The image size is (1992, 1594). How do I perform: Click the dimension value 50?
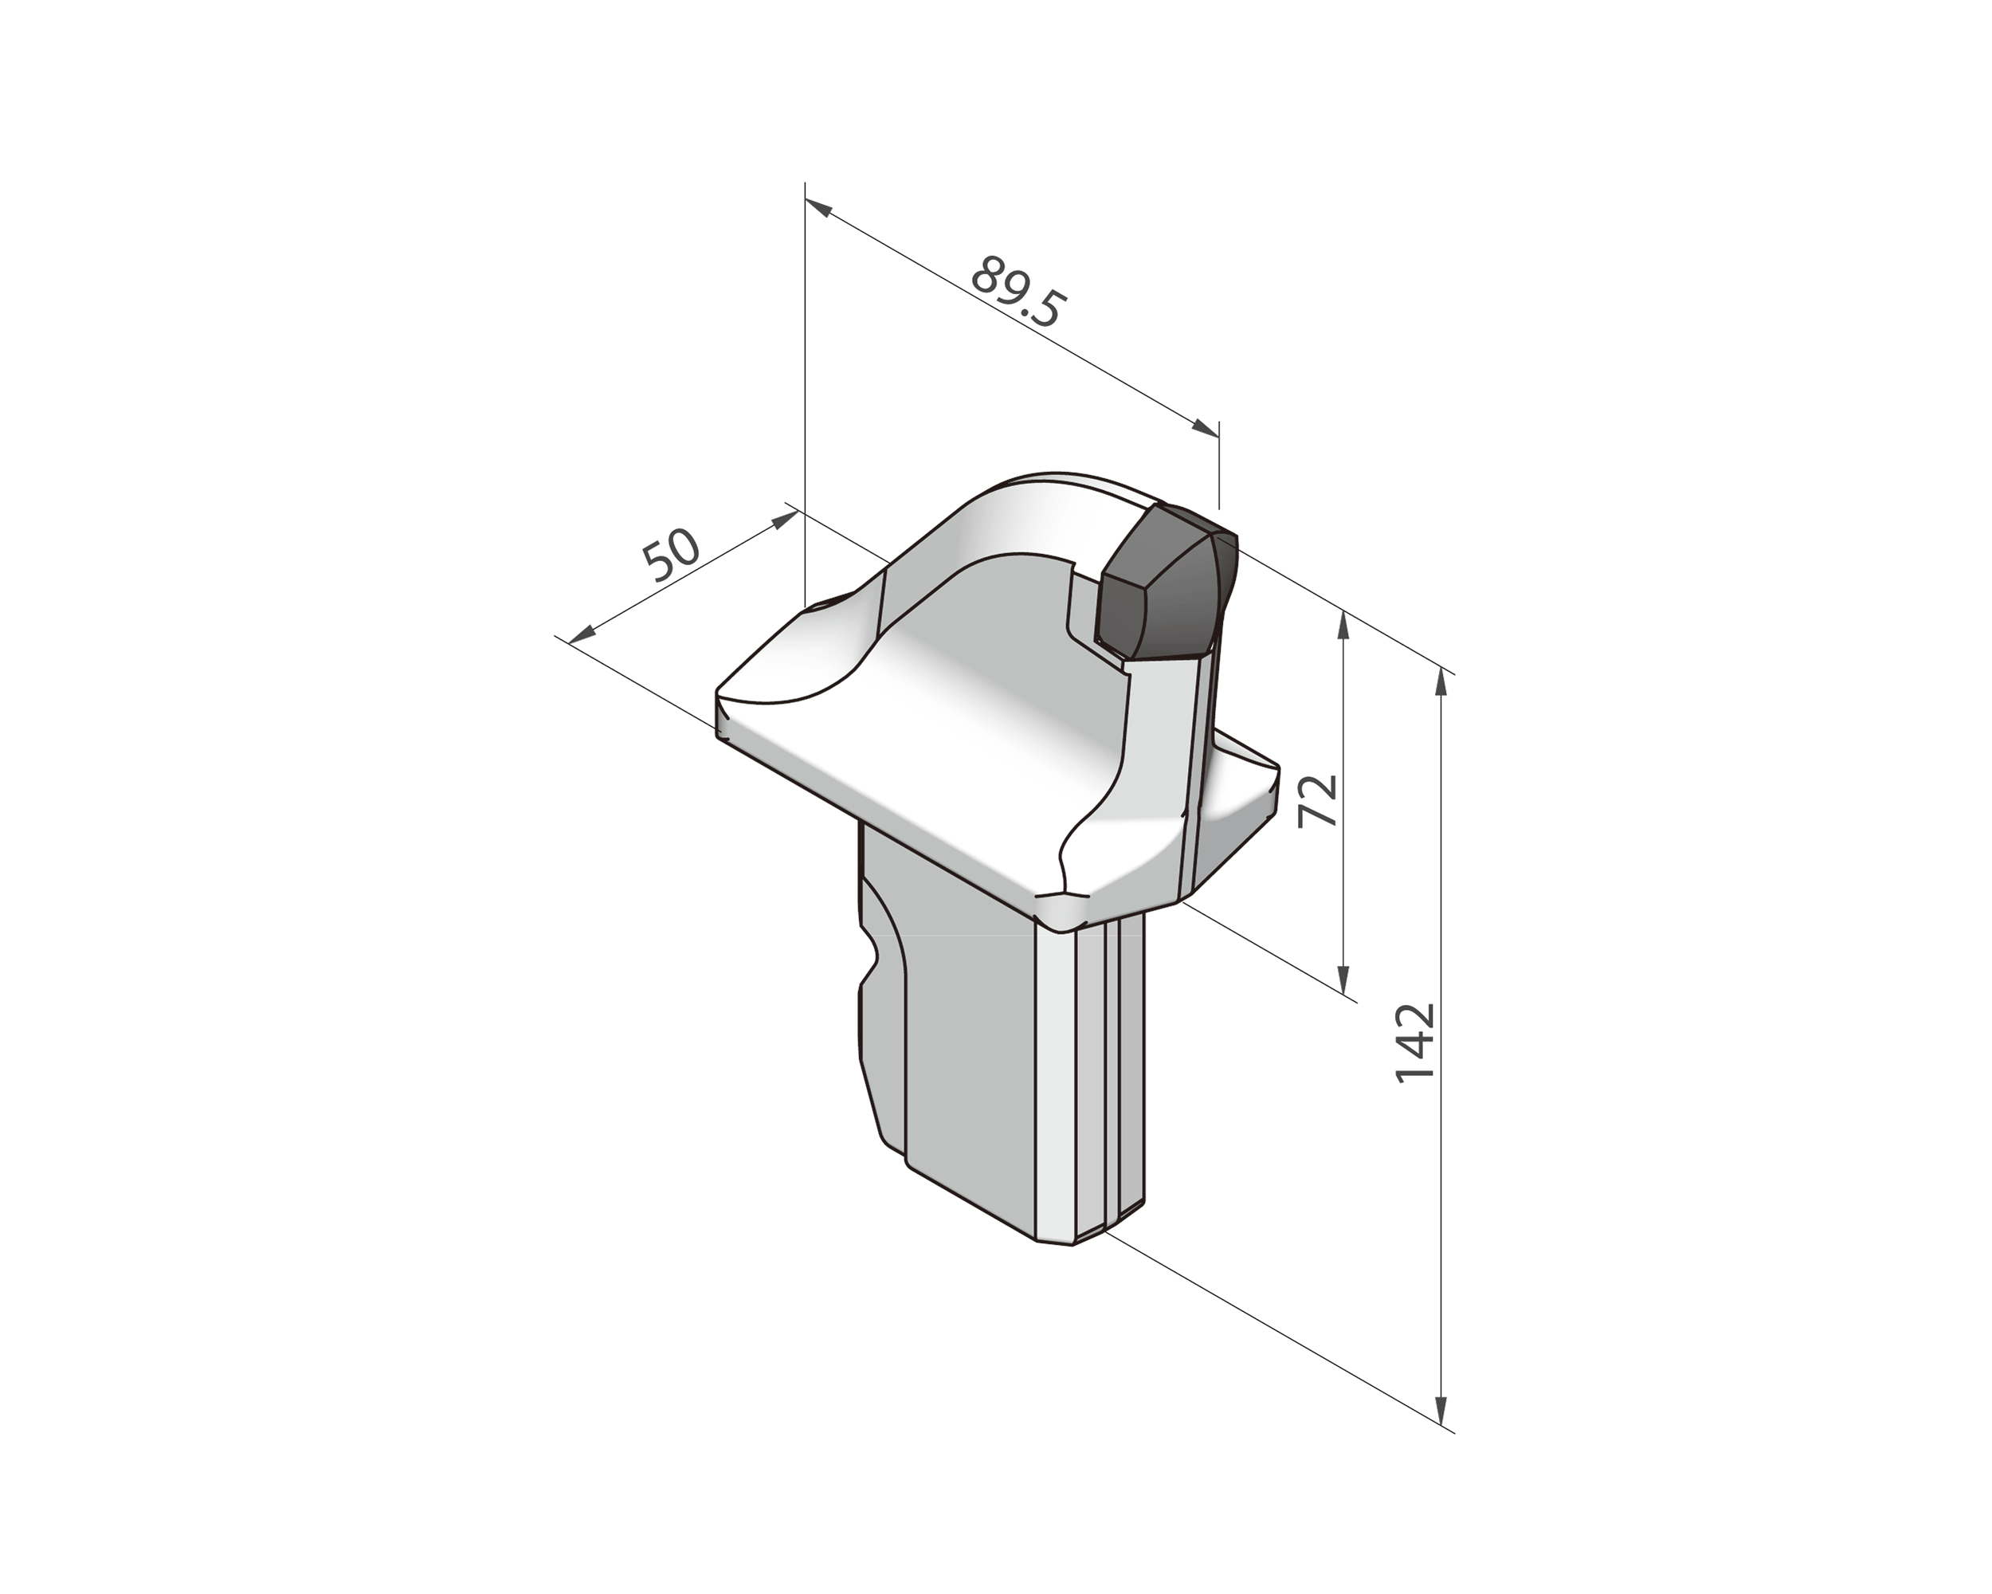tap(672, 555)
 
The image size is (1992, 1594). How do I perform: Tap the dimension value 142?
tap(1414, 1042)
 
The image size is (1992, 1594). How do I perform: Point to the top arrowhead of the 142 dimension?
tap(1441, 685)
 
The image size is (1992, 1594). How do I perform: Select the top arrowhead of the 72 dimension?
tap(1344, 624)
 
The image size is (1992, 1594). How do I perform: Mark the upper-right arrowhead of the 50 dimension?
tap(783, 518)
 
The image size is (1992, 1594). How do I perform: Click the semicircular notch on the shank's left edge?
tap(869, 966)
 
